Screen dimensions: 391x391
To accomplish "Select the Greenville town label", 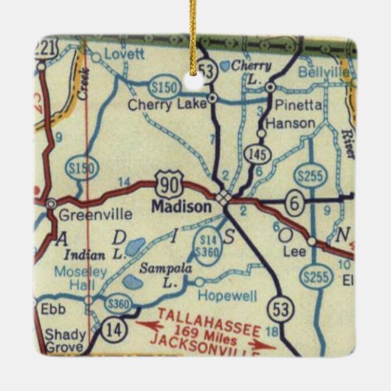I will [x=86, y=215].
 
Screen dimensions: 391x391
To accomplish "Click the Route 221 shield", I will [x=47, y=48].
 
